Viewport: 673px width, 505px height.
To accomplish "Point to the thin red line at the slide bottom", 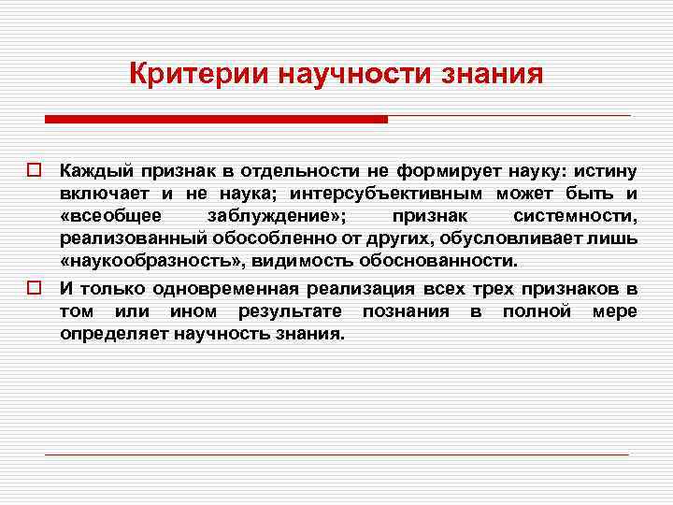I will coord(336,454).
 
